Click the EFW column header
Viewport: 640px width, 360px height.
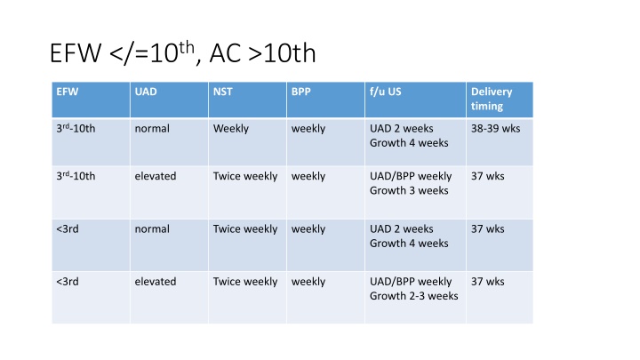(x=68, y=92)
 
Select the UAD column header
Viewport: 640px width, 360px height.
(x=146, y=92)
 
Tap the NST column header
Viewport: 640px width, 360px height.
(x=222, y=92)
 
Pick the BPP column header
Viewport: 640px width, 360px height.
(x=300, y=92)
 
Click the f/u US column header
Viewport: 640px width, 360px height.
(x=385, y=92)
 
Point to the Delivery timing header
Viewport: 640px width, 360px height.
(x=492, y=99)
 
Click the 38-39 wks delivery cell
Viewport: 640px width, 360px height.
(x=495, y=129)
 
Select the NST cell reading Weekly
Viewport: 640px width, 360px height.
(x=230, y=129)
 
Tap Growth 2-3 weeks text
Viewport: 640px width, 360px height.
(x=414, y=296)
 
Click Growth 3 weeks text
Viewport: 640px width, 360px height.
(x=409, y=190)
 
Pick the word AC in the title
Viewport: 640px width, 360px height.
(x=225, y=53)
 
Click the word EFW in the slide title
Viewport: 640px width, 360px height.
(x=76, y=53)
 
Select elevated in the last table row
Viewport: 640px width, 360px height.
(x=156, y=282)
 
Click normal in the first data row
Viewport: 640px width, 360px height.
(x=152, y=129)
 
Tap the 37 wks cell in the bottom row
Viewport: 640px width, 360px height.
(x=488, y=282)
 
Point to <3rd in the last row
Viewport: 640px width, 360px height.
(x=68, y=282)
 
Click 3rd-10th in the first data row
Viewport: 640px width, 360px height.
(x=76, y=129)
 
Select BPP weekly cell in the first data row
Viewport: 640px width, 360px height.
(x=308, y=129)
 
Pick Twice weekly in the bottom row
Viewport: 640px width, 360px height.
(x=245, y=282)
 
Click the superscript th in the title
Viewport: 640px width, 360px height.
(x=187, y=47)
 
